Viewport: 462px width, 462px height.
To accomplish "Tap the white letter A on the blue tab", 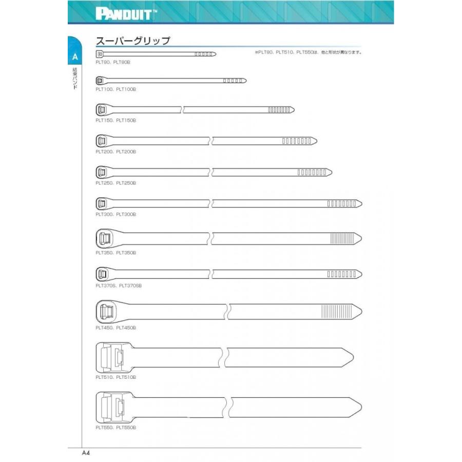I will coord(75,56).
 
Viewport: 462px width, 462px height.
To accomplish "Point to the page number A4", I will coord(86,453).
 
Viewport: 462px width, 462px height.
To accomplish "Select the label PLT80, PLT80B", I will coord(113,62).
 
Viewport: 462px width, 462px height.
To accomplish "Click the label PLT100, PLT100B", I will coord(115,89).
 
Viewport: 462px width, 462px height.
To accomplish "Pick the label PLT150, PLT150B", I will coord(115,121).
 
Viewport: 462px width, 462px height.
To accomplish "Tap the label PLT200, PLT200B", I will coord(115,152).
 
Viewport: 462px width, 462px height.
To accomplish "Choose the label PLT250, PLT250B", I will coord(115,183).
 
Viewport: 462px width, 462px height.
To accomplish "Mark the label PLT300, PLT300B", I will coord(115,215).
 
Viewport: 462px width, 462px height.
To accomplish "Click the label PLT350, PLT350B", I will coord(115,253).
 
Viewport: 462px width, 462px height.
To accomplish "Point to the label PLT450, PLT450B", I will coord(115,328).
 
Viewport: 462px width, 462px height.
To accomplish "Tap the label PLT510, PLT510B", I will coord(115,377).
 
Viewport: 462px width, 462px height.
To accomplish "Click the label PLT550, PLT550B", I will coord(115,427).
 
